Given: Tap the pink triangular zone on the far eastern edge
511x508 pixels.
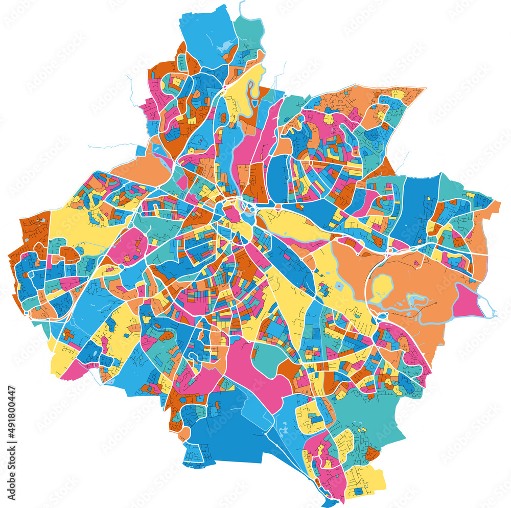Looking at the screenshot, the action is point(465,302).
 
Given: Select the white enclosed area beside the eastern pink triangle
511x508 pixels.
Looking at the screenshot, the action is point(482,305).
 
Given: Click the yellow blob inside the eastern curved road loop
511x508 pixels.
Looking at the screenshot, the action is point(382,287).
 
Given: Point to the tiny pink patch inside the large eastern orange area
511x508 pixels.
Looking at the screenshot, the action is point(416,263).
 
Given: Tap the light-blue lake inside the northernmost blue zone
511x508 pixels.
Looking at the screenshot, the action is point(224,47).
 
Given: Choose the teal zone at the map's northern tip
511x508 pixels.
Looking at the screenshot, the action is point(249,31).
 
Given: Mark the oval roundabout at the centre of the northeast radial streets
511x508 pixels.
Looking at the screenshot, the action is point(311,163).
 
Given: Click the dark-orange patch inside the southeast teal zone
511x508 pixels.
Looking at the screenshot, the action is point(372,453).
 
